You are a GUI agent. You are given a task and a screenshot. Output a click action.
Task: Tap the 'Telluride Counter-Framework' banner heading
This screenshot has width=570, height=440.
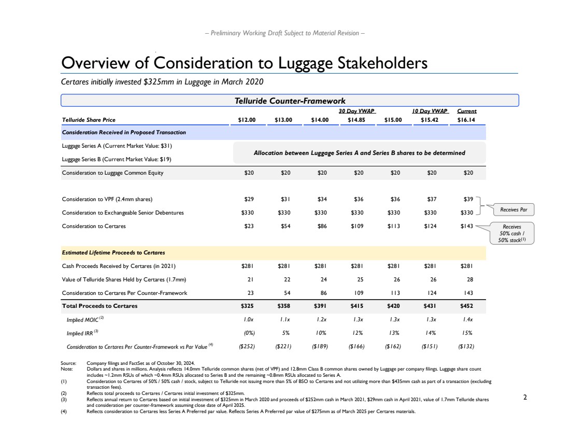[290, 101]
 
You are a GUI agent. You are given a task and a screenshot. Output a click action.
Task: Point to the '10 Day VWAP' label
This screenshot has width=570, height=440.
[430, 111]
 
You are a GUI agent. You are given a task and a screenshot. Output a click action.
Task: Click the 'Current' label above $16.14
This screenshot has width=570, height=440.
[467, 111]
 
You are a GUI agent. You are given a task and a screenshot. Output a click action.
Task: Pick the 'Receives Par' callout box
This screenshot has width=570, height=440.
[514, 210]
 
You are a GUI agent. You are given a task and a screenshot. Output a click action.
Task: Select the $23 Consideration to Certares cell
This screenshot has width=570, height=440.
[249, 226]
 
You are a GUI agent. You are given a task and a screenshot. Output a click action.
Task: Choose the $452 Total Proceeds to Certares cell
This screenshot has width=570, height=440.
[468, 306]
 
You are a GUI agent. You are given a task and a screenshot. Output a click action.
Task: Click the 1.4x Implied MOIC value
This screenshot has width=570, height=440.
[468, 319]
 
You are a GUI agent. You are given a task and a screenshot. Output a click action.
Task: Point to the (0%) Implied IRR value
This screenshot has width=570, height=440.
[249, 333]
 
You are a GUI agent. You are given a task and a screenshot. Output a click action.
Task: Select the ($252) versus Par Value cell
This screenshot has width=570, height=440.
[249, 346]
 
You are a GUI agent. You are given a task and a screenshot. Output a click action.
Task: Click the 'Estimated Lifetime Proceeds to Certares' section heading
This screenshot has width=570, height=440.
[113, 252]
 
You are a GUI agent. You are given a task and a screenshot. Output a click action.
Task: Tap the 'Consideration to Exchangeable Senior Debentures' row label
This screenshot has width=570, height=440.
[123, 212]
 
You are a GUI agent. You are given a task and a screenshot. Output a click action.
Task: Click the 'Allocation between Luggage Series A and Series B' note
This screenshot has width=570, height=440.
[359, 153]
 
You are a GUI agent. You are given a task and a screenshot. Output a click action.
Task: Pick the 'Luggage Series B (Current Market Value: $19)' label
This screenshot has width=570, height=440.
[113, 159]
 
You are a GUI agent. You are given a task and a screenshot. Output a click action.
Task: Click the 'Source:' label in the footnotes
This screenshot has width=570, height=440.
[68, 364]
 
